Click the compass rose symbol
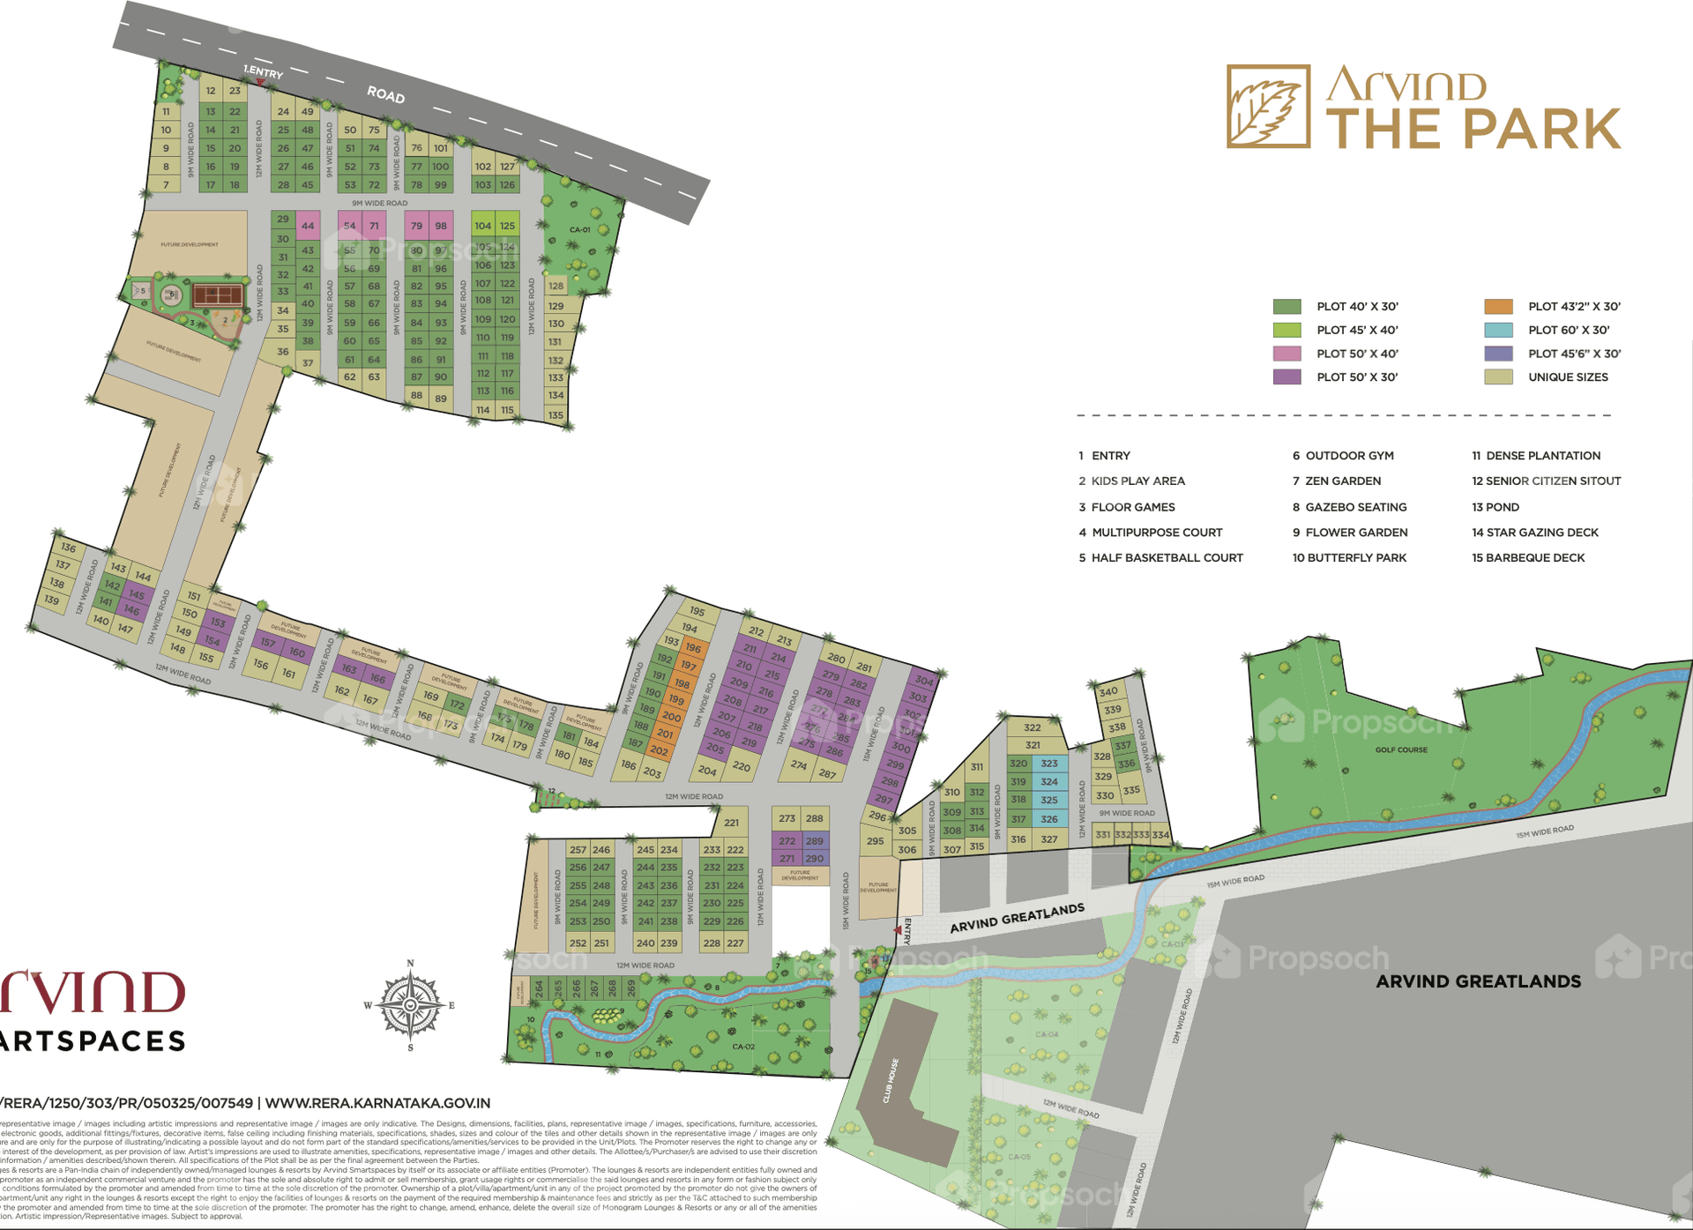tap(411, 1005)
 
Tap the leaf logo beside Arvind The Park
tap(1268, 107)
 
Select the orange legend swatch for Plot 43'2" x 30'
tap(1498, 307)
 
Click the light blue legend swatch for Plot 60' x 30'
tap(1498, 331)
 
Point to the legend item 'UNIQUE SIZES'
tap(1568, 377)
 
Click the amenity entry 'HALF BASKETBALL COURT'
tap(1167, 558)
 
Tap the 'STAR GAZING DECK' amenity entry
tap(1535, 533)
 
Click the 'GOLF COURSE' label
tap(1401, 749)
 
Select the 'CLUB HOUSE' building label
tap(891, 1081)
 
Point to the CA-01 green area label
tap(579, 230)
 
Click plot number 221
tap(732, 823)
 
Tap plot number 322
tap(1033, 728)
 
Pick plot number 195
tap(697, 611)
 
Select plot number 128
tap(556, 286)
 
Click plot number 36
tap(283, 351)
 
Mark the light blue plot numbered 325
tap(1049, 801)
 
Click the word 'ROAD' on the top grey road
tap(386, 94)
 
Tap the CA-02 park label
tap(743, 1047)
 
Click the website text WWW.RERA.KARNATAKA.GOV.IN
tap(377, 1103)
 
